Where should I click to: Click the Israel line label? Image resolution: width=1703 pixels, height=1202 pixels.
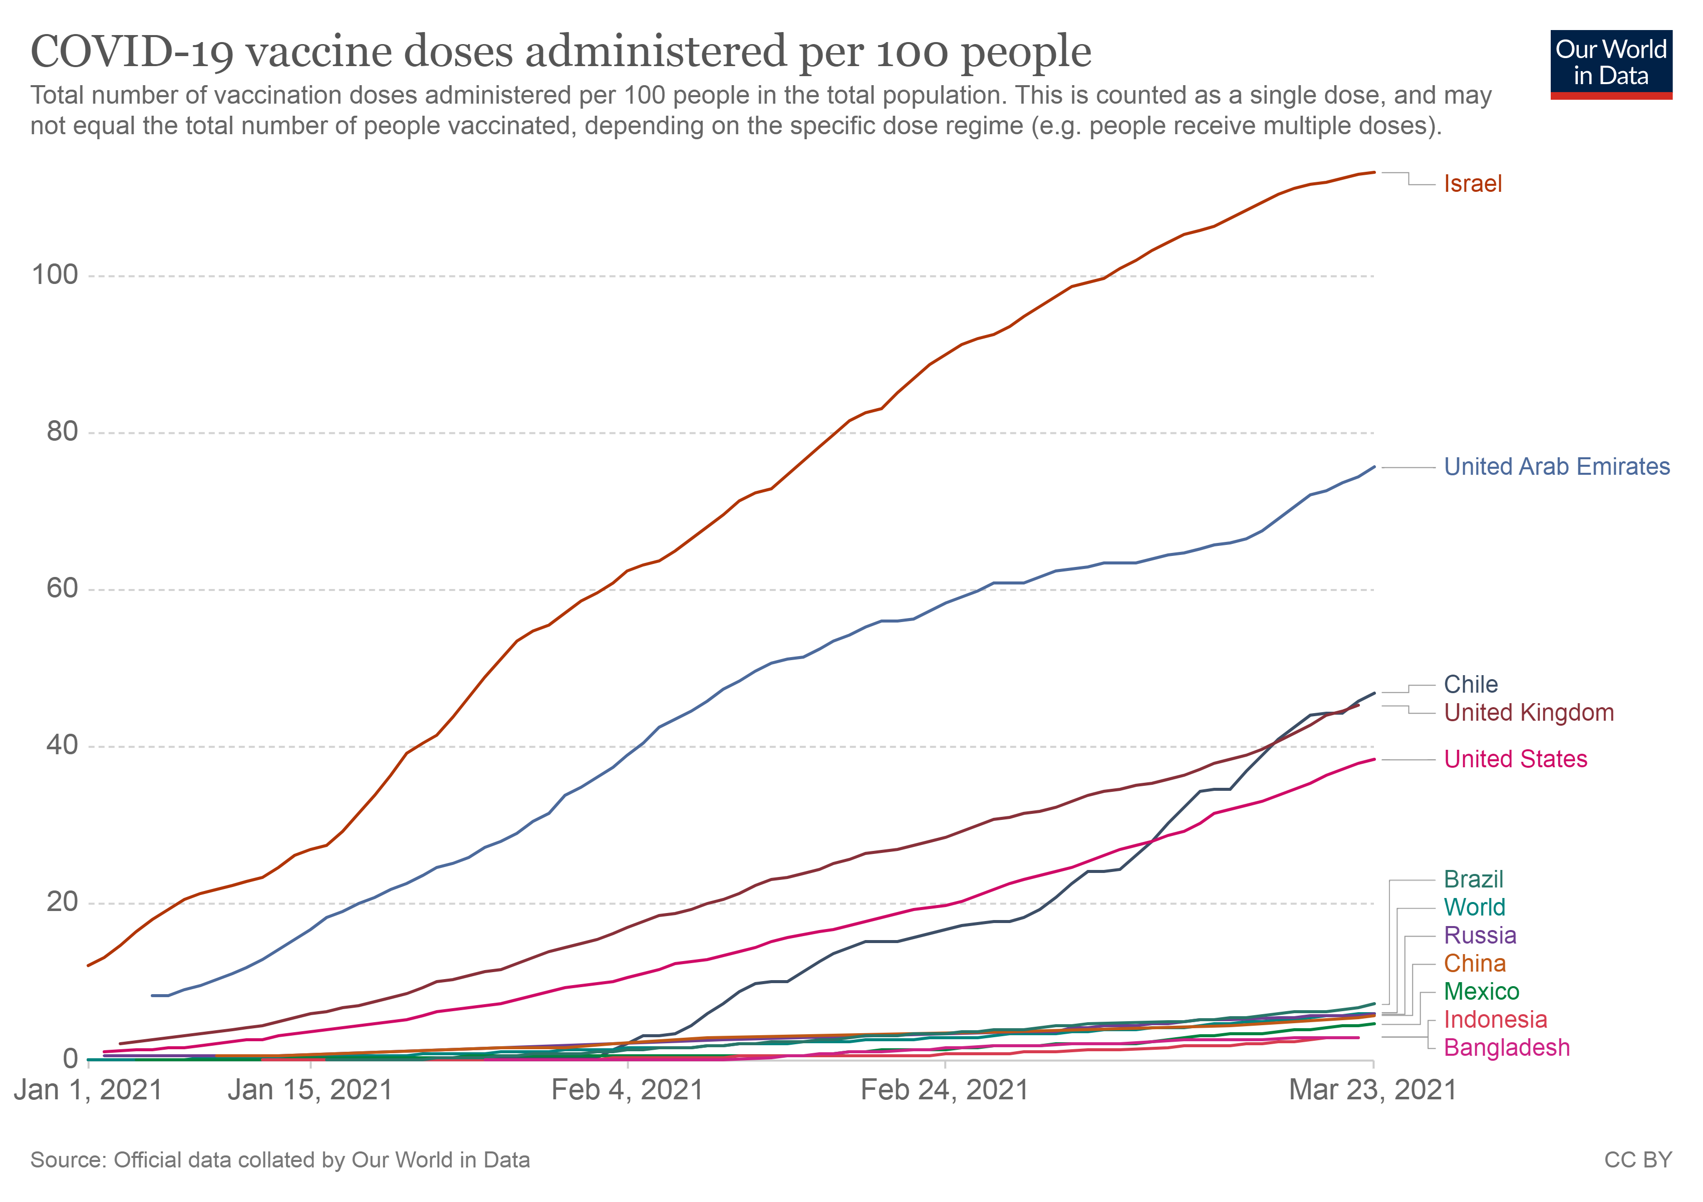[x=1472, y=184]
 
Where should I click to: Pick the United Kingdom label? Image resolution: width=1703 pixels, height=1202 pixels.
[x=1529, y=713]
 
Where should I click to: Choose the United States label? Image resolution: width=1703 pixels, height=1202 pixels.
[x=1515, y=759]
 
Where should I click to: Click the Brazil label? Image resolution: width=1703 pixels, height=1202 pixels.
[x=1473, y=879]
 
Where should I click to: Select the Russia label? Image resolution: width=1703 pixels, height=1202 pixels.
[x=1480, y=936]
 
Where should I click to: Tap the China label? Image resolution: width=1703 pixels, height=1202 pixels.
[x=1475, y=964]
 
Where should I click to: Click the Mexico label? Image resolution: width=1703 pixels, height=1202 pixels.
[x=1481, y=992]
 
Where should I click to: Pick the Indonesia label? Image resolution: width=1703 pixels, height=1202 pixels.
[x=1495, y=1020]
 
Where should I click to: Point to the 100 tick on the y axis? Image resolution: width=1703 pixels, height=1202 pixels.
[x=55, y=275]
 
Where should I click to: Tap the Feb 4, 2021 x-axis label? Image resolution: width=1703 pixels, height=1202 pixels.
[x=628, y=1090]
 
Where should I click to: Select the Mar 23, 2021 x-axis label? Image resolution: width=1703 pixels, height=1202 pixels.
[x=1373, y=1090]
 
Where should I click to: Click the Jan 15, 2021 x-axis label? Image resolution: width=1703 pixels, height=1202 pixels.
[x=310, y=1090]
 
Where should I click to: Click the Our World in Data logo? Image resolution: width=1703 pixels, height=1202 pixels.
[x=1611, y=64]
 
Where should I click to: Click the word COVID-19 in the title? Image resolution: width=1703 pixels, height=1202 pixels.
[x=132, y=52]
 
